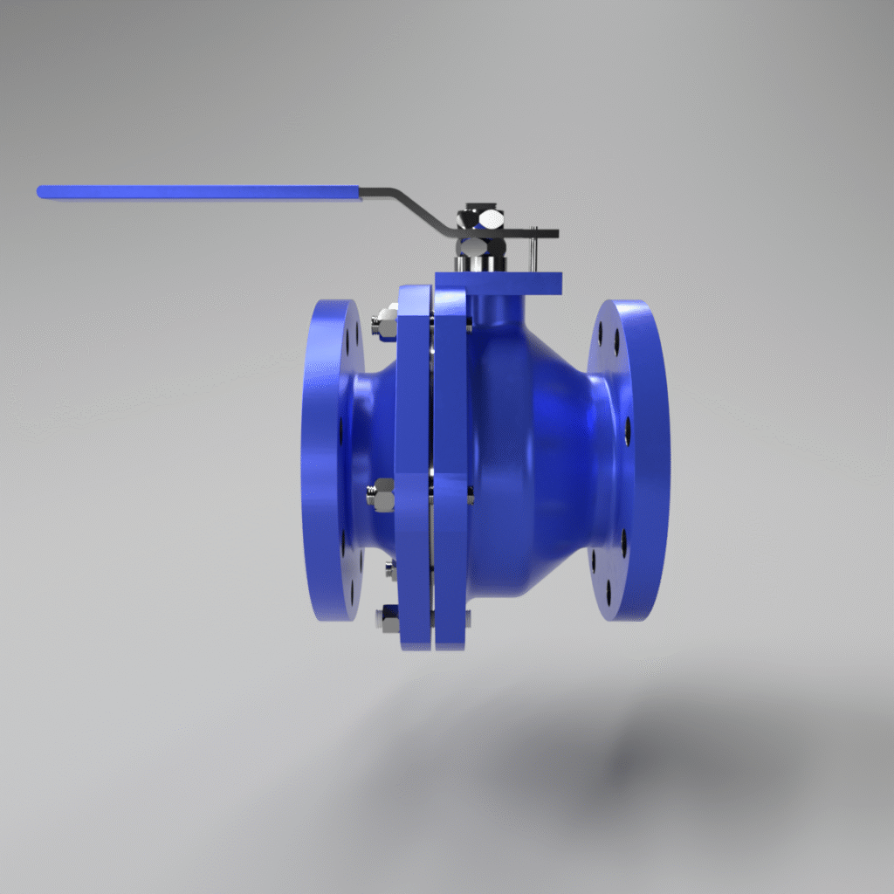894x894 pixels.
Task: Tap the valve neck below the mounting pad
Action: [496, 310]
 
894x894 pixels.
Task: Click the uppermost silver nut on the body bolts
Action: [383, 324]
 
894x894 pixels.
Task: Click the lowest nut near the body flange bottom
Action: [384, 620]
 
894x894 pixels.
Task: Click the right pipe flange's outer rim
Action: [651, 460]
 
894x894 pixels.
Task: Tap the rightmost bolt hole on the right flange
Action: [627, 430]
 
